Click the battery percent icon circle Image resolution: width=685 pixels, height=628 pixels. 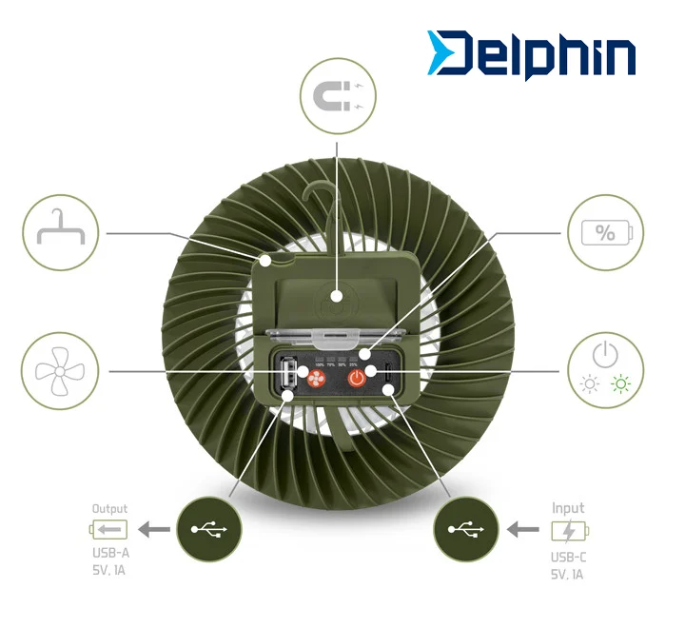coord(605,232)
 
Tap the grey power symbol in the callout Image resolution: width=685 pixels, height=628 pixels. coord(605,354)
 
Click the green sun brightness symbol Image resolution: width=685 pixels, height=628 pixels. coord(622,385)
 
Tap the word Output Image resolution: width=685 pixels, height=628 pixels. coord(109,509)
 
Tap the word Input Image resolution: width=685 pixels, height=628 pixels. coord(568,508)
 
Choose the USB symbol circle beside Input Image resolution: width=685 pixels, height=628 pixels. coord(465,529)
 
